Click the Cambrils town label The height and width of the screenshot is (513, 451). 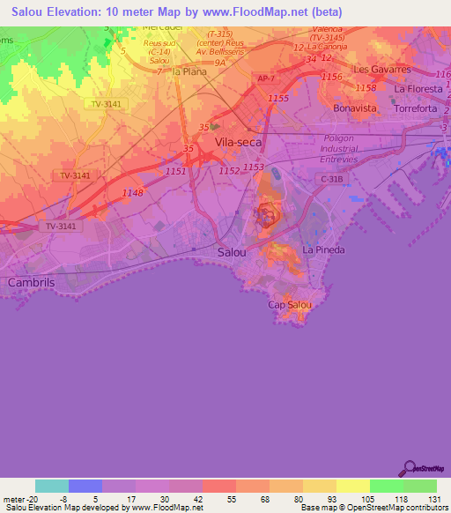point(31,282)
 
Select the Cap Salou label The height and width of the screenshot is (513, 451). point(289,305)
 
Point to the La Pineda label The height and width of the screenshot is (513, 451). point(323,249)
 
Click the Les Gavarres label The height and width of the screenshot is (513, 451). point(381,69)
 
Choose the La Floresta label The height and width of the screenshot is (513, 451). point(418,89)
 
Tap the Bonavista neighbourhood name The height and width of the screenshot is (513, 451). point(355,108)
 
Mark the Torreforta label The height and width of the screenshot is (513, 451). point(418,108)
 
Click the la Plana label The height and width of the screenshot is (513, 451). point(189,71)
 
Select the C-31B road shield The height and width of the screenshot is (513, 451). point(330,179)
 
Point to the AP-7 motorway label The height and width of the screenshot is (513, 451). point(266,78)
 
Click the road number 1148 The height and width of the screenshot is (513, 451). point(132,193)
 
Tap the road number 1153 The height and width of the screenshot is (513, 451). point(254,167)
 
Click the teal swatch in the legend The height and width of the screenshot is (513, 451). point(52,486)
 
